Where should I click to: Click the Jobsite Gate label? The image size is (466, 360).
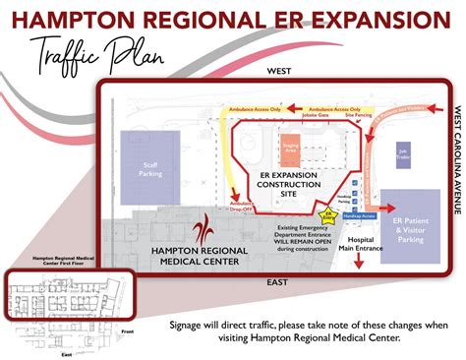(298, 116)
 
